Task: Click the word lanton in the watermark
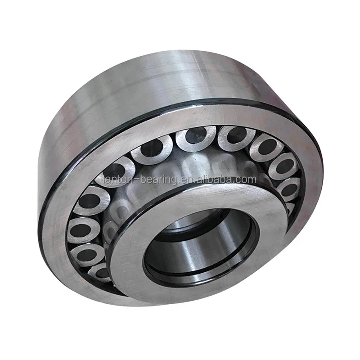tap(117, 180)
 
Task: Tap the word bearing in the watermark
tap(153, 180)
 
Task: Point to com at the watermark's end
tap(247, 180)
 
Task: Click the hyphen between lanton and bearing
tap(133, 180)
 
